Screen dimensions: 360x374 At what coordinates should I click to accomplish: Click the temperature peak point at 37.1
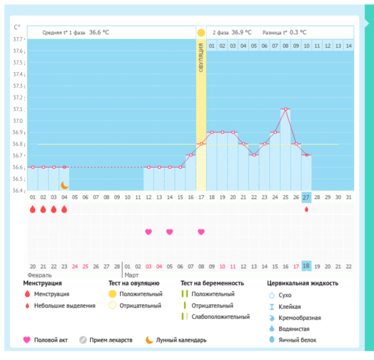click(286, 109)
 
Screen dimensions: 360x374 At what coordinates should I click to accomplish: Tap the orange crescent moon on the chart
click(65, 185)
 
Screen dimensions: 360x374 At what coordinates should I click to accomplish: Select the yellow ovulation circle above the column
click(201, 33)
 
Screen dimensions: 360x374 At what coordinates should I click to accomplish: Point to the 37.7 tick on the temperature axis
click(18, 39)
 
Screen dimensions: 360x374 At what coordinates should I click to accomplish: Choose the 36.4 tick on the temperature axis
click(18, 190)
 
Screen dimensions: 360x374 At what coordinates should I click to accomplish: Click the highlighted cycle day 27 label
click(306, 197)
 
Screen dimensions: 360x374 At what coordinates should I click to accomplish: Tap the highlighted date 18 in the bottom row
click(306, 266)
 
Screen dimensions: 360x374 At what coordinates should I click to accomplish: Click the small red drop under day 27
click(306, 209)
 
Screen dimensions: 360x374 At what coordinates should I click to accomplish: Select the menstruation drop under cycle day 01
click(33, 209)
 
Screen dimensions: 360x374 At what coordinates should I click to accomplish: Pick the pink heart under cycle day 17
click(201, 232)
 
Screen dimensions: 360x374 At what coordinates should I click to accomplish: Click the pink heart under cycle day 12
click(148, 232)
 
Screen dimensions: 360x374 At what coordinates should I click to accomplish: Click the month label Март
click(132, 275)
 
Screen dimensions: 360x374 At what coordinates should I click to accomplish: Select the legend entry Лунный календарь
click(181, 340)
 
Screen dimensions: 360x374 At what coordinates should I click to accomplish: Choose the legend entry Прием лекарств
click(111, 340)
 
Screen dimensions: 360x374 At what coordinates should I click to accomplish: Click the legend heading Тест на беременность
click(212, 283)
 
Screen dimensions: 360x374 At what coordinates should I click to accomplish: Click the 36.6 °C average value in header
click(99, 33)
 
